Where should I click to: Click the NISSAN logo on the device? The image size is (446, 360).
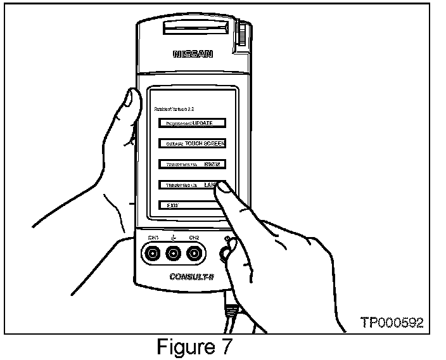pos(193,55)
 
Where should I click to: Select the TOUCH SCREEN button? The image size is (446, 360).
pos(192,143)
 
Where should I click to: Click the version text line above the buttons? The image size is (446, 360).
pos(175,109)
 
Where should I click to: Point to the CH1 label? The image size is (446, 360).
pos(153,237)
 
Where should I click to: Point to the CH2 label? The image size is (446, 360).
pos(194,237)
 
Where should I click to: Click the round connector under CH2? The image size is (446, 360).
pos(194,255)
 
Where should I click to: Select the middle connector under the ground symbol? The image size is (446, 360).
pos(174,255)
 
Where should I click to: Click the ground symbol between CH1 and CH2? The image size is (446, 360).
pos(174,237)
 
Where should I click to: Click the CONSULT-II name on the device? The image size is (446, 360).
pos(193,277)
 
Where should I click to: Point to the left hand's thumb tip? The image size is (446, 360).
pos(131,99)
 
